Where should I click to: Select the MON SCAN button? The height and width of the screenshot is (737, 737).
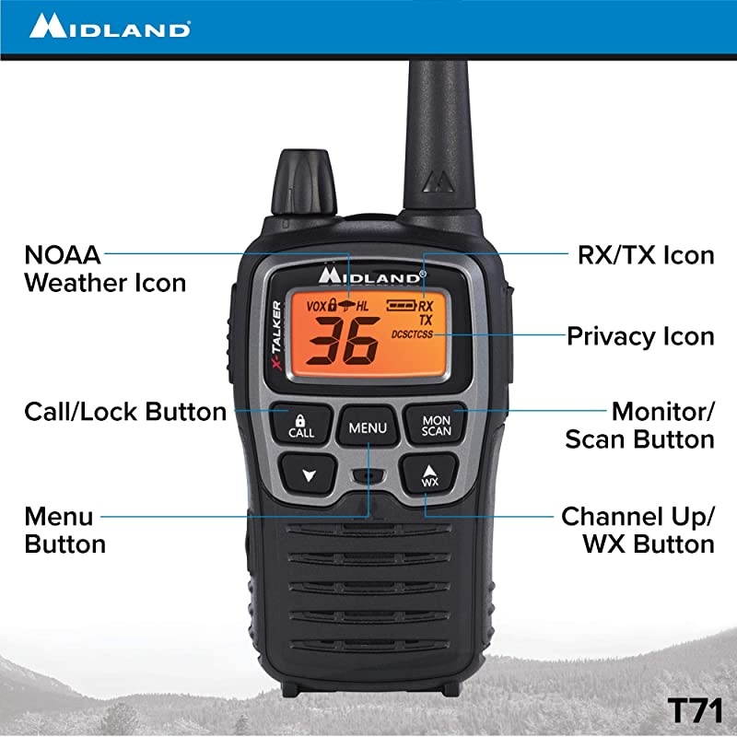click(x=436, y=425)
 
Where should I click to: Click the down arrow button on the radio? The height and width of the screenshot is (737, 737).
click(x=308, y=475)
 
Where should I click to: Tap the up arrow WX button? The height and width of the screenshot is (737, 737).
click(x=429, y=474)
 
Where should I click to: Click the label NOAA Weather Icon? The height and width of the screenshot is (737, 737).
click(x=104, y=267)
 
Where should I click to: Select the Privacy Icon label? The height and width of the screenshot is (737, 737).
click(x=640, y=335)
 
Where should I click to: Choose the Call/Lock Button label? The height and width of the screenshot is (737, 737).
click(x=124, y=411)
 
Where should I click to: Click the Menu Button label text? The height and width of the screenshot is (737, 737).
click(x=64, y=529)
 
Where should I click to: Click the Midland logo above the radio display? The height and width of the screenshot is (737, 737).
click(x=368, y=274)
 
